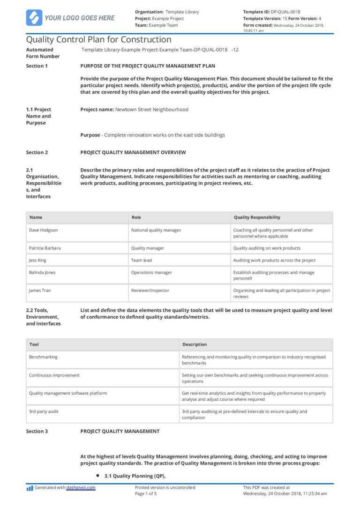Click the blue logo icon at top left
(x=34, y=18)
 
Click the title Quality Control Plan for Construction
(x=98, y=40)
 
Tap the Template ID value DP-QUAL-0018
(x=285, y=12)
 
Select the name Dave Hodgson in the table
(x=44, y=230)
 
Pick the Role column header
(x=136, y=217)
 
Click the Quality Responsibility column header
(x=256, y=217)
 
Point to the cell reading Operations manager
(x=151, y=272)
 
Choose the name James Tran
(x=41, y=291)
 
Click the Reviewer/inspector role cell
(x=150, y=291)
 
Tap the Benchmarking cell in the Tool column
(x=43, y=357)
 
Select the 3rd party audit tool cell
(x=44, y=412)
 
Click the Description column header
(x=195, y=344)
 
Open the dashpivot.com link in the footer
(x=81, y=487)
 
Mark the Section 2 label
(x=37, y=152)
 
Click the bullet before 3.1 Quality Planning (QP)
(x=97, y=475)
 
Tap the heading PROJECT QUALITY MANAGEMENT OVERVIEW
(x=133, y=152)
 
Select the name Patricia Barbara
(x=45, y=248)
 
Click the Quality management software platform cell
(x=68, y=393)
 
